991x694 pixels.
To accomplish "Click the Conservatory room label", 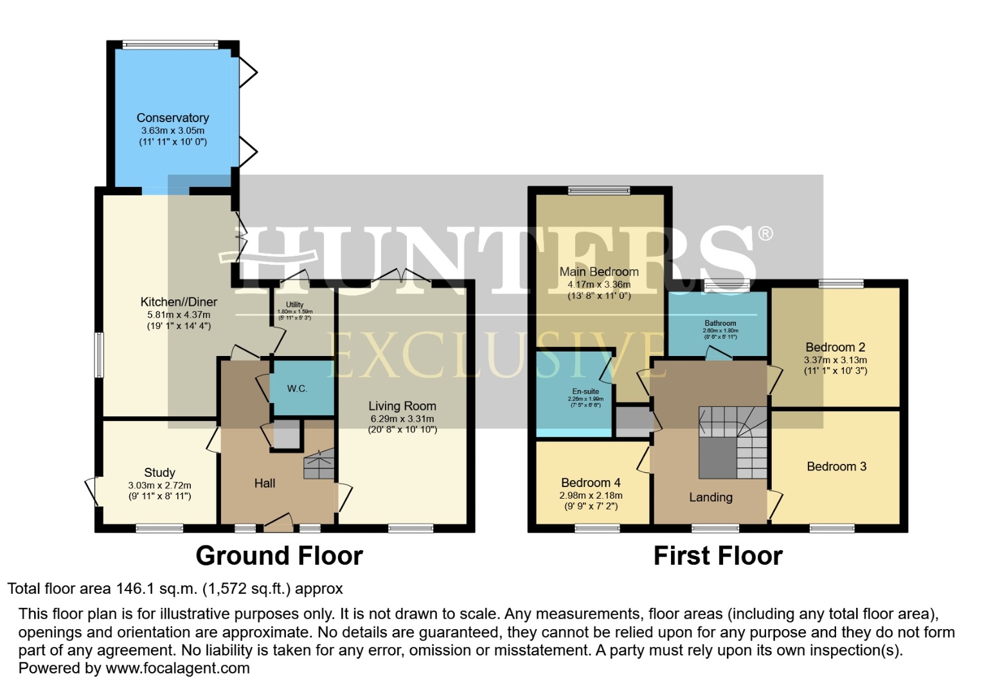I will [x=172, y=118].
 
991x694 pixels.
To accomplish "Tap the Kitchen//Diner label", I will [x=179, y=302].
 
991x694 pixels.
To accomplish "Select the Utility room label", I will [x=295, y=305].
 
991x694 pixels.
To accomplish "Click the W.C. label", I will [x=297, y=389].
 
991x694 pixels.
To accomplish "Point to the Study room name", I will [x=159, y=472].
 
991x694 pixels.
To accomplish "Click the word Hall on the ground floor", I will [x=264, y=483].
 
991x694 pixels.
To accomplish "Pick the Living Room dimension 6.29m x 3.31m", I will [x=402, y=419].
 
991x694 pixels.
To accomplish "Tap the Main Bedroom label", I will [x=599, y=272].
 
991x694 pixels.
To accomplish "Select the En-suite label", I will [x=585, y=391].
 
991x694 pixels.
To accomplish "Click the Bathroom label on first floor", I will [x=720, y=323].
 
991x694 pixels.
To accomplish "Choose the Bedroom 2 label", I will [x=835, y=347].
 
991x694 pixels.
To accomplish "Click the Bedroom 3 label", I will [x=836, y=467].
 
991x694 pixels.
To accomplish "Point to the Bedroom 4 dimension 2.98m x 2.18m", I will [x=591, y=495].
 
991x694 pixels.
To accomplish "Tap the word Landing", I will [x=710, y=497].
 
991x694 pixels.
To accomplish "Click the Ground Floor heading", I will [x=279, y=556].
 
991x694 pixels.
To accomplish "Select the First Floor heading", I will [x=718, y=556].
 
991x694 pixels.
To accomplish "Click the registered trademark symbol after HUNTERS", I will [x=765, y=233].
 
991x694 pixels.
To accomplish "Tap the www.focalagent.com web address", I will [x=177, y=668].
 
